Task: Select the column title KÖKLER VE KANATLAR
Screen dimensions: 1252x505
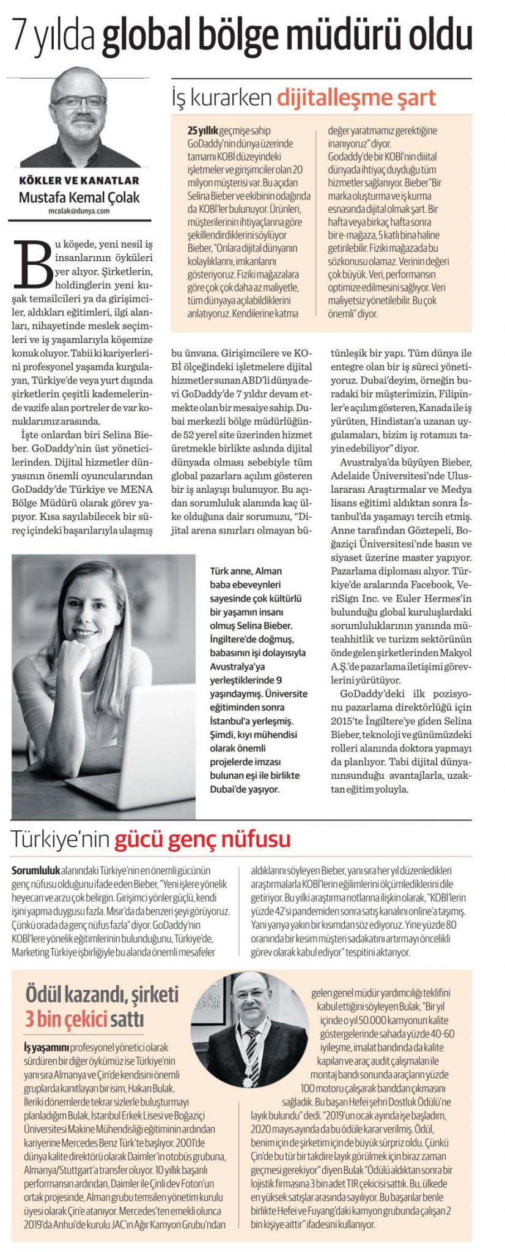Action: (79, 180)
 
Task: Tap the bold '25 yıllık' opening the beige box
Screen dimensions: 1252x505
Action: (203, 131)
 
